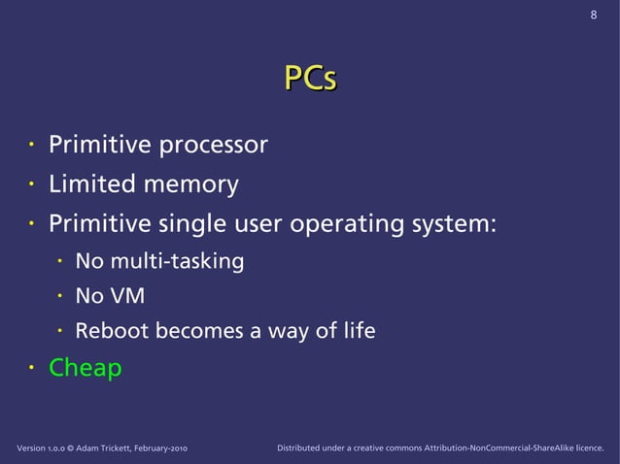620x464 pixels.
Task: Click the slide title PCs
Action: click(310, 80)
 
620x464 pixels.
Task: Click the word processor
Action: click(214, 147)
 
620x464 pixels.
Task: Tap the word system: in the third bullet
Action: click(453, 224)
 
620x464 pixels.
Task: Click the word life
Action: click(357, 331)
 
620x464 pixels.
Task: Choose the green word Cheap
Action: click(86, 369)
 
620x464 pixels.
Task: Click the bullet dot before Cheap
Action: click(30, 368)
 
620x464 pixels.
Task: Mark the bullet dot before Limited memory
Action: click(30, 183)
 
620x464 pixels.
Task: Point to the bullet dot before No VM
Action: click(58, 296)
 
